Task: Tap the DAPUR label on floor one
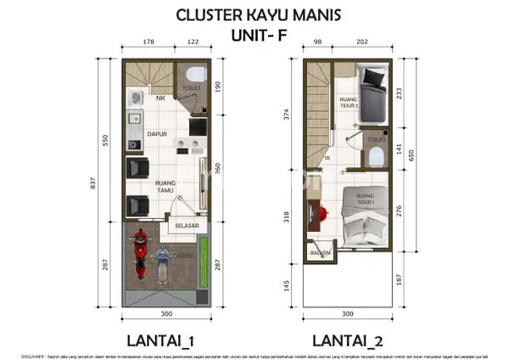pos(155,134)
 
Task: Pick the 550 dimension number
pos(106,140)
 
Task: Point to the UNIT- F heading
pos(255,36)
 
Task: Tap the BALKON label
pos(319,253)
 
